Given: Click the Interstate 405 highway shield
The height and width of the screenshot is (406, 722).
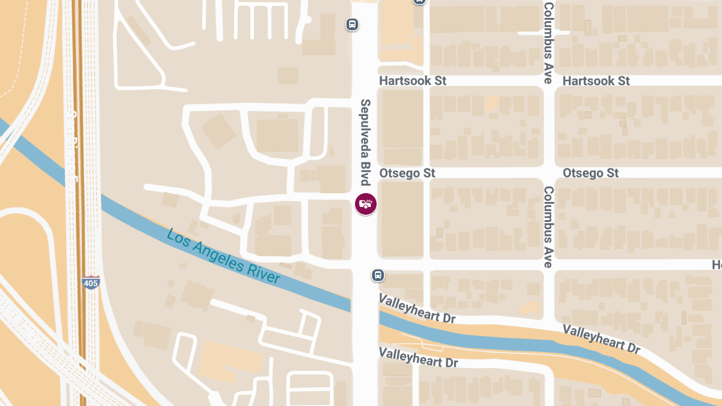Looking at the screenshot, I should click(x=91, y=282).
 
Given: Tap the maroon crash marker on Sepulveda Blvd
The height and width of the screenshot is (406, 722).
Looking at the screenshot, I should click(x=365, y=204).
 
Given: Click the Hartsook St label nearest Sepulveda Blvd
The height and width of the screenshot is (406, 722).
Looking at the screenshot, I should click(x=413, y=81).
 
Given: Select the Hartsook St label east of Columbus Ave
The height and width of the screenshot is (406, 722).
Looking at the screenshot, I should click(x=596, y=81).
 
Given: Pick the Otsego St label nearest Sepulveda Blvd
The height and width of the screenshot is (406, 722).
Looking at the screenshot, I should click(x=407, y=173).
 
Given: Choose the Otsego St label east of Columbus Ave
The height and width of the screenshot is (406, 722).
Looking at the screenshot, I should click(x=590, y=173).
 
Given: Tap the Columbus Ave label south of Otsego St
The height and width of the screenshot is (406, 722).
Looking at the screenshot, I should click(x=548, y=226).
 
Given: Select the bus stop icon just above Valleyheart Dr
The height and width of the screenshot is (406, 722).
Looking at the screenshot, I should click(x=377, y=275).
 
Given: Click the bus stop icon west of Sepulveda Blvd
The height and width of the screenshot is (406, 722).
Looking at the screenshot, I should click(x=352, y=25).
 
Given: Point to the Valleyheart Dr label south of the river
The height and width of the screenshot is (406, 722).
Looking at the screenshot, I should click(x=418, y=358).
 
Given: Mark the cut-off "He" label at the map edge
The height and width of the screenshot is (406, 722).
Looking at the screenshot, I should click(x=717, y=265).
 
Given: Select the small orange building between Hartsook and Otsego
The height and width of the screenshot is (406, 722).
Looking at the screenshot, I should click(x=492, y=103).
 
